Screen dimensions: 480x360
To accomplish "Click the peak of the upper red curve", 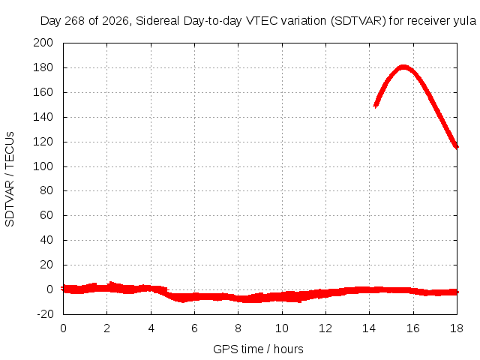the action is [403, 67].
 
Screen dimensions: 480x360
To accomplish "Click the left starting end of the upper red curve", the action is [376, 105].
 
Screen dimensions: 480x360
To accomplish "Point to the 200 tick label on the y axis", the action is [43, 43].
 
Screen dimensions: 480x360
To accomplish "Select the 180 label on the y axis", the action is [43, 67].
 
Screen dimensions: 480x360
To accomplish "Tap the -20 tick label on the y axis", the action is [45, 314].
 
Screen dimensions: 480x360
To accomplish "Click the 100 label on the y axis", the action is [43, 166].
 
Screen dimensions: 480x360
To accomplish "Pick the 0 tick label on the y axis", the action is [50, 289].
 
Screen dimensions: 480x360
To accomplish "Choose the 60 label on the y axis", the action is [46, 215].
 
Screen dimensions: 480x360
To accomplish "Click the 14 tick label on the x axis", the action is [369, 328].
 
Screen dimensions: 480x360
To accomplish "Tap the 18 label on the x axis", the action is [457, 328].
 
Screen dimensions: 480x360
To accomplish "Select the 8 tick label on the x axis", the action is [238, 328].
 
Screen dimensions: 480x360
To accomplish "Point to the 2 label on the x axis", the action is [106, 328].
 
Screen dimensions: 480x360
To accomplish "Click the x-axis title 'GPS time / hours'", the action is [258, 349].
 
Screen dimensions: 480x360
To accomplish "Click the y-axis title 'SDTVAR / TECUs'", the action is [10, 179].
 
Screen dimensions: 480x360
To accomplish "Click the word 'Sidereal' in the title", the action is [157, 21].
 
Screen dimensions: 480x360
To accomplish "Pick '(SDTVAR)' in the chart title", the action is [358, 21].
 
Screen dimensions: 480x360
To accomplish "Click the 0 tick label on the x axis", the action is [63, 328].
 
